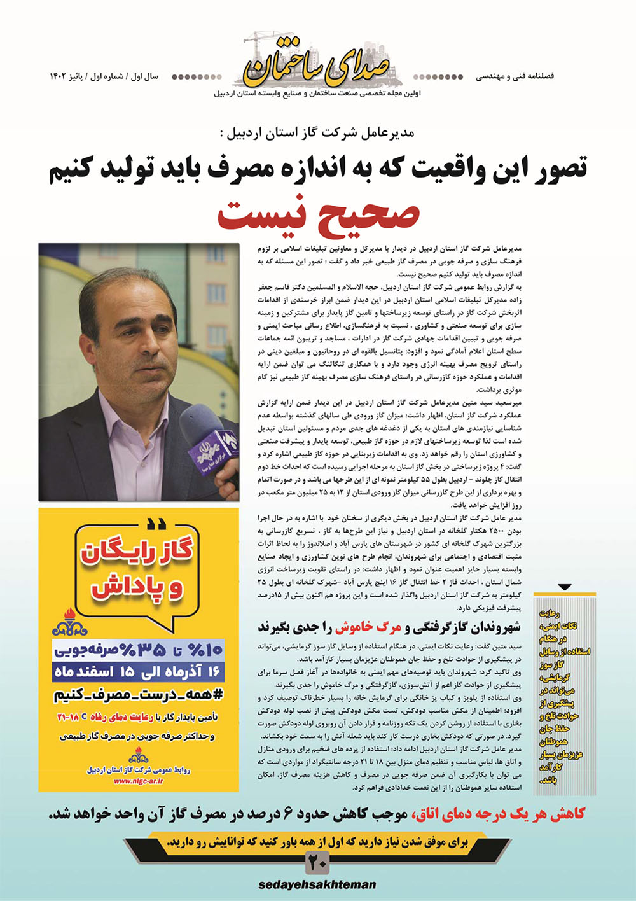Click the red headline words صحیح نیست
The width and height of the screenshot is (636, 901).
point(318,214)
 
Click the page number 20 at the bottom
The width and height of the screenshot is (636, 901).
point(318,863)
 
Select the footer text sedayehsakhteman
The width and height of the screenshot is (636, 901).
point(317,884)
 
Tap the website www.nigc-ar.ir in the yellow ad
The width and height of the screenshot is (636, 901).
point(139,781)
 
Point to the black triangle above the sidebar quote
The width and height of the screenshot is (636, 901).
point(565,587)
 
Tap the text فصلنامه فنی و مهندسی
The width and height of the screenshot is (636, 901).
point(515,76)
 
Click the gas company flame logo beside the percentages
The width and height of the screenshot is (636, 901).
point(69,623)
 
